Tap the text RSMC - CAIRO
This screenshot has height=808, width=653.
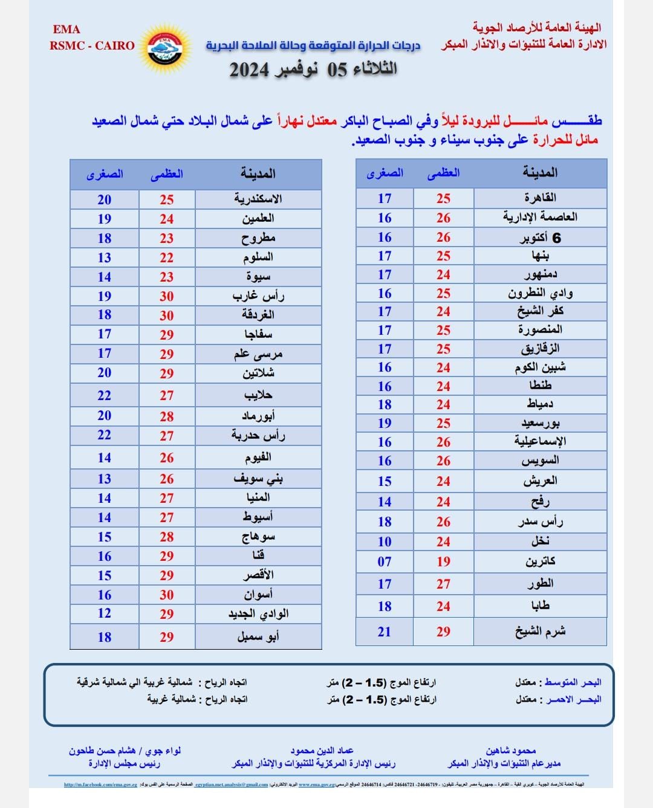tap(92, 45)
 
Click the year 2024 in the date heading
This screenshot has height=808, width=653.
tap(249, 70)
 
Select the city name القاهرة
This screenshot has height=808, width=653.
tap(540, 198)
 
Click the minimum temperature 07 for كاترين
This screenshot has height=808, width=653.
tap(385, 561)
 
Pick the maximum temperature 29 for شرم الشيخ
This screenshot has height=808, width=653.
tap(443, 632)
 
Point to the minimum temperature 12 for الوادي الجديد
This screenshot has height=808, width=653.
tap(105, 613)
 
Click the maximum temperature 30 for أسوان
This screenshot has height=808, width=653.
tap(167, 595)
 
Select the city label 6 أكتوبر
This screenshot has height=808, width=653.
tap(540, 238)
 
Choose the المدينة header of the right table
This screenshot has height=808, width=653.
tap(540, 173)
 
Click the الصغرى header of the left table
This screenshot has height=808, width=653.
tap(105, 174)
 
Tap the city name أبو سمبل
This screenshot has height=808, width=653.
tap(258, 636)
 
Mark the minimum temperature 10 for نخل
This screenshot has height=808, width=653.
tap(385, 541)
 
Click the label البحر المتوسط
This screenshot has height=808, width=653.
tap(573, 682)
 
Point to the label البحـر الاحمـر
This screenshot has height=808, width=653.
tap(573, 699)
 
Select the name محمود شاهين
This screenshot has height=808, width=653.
tap(511, 751)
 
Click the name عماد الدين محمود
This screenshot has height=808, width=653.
tap(322, 751)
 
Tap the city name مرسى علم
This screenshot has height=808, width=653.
tap(258, 354)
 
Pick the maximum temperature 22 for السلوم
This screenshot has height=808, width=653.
tap(167, 257)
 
